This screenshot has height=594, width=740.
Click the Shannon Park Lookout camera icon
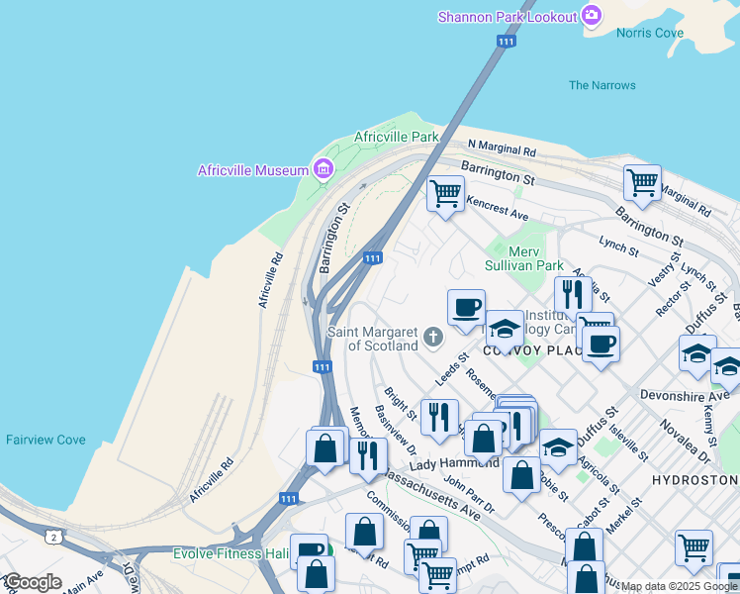point(592,15)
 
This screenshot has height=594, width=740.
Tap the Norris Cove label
point(649,33)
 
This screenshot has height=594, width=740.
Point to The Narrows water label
point(601,85)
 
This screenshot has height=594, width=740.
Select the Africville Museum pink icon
point(323,170)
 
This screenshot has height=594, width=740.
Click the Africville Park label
point(396,137)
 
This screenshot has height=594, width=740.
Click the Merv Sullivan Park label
point(523,258)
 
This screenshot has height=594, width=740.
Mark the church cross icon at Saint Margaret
point(431,339)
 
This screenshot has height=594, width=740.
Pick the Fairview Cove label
point(46,440)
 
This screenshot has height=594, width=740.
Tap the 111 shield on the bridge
point(506,42)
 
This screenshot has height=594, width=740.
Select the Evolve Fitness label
point(231,553)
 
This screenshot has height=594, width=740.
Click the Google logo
point(33,582)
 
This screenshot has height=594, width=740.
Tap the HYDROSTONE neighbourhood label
point(694,479)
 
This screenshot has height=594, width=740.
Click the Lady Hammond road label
point(454,463)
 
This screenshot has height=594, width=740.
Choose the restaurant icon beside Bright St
point(439,416)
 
